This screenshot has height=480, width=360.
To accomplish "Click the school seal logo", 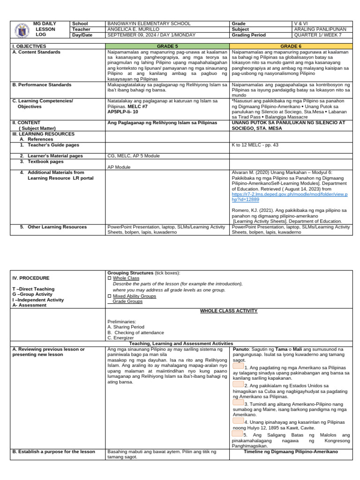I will (x=21, y=29).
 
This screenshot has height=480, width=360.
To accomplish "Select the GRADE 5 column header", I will (x=167, y=46).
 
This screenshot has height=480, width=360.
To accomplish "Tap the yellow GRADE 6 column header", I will (x=291, y=46).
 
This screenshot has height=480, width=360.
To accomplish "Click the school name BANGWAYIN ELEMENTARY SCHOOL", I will (x=149, y=23).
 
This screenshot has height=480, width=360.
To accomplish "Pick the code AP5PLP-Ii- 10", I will (x=123, y=112).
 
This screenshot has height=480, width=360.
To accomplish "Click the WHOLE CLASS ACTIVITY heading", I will (x=228, y=311).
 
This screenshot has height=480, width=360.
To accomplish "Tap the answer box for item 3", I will (x=238, y=402).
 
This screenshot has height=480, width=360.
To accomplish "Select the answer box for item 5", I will (x=237, y=434).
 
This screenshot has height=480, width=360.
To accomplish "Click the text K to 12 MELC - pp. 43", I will (x=255, y=145).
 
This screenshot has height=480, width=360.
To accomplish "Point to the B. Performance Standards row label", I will (x=42, y=85).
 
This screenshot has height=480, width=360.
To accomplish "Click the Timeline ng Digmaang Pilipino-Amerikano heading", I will (x=291, y=452).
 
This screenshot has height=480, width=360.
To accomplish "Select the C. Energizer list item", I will (x=120, y=337).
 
